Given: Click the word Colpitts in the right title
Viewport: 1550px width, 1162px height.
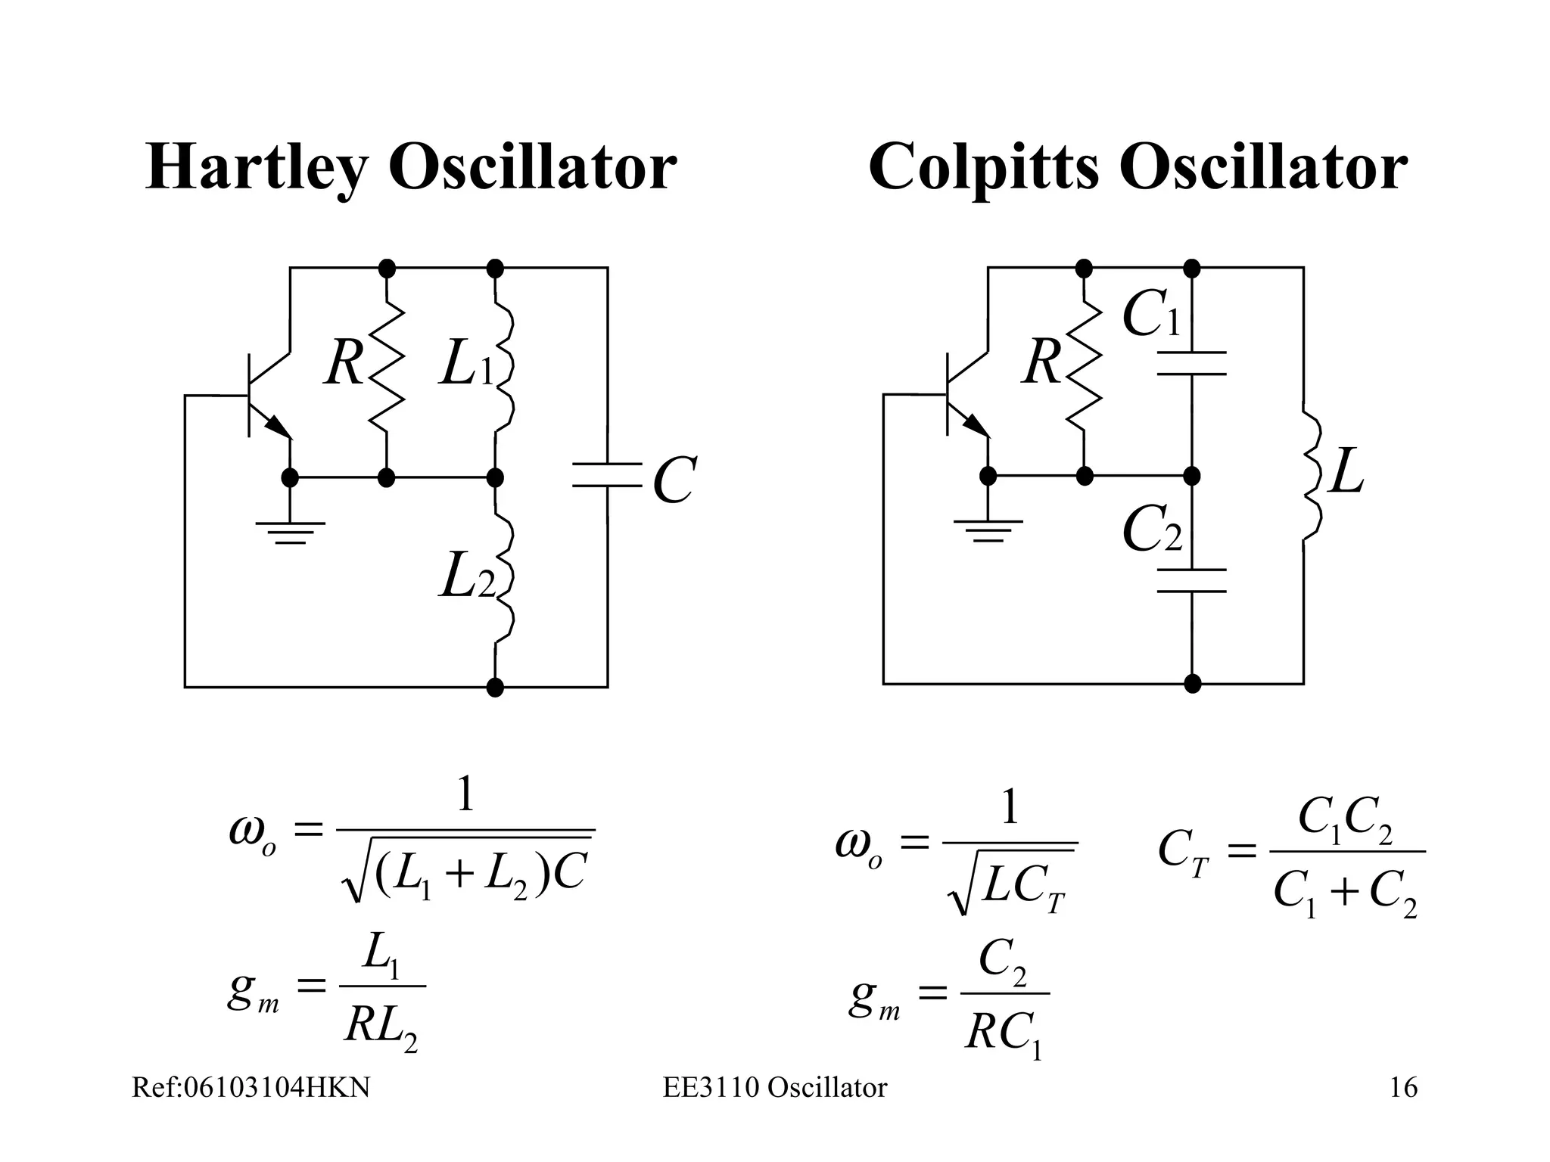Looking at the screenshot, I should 983,168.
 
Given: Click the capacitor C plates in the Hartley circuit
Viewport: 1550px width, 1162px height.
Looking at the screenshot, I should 607,474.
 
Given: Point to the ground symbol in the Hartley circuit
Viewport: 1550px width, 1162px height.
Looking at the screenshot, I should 290,532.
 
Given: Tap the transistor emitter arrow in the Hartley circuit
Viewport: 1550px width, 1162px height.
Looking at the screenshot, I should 279,427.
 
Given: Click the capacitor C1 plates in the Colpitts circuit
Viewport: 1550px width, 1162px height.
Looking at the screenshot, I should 1192,363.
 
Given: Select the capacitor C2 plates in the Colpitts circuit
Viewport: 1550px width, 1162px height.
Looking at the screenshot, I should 1192,579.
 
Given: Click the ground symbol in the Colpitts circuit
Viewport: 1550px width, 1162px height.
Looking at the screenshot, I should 988,530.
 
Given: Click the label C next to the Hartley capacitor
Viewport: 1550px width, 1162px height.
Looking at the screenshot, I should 673,481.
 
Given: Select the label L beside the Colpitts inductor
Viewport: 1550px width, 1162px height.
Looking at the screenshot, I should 1346,472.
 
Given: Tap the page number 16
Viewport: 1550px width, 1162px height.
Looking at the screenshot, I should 1403,1088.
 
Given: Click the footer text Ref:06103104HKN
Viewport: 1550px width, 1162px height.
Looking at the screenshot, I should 251,1088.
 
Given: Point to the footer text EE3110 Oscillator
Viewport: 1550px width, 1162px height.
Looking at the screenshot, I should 775,1088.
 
